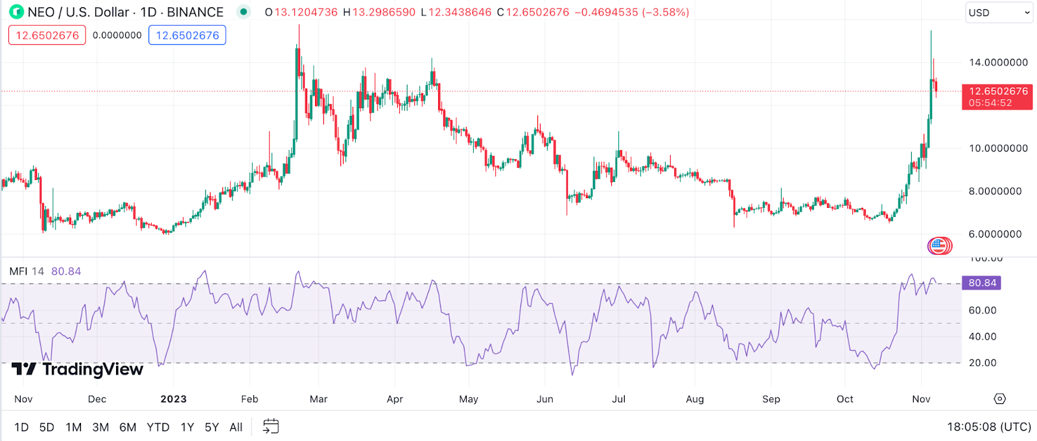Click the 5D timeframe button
click(47, 427)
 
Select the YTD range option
click(157, 427)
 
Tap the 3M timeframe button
click(100, 427)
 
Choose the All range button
click(236, 427)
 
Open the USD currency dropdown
click(998, 12)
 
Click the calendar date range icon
click(271, 426)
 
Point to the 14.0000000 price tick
click(998, 63)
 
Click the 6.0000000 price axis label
click(995, 234)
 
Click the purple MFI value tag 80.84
click(982, 283)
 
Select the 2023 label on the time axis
click(174, 399)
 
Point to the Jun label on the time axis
click(545, 399)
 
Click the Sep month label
click(771, 399)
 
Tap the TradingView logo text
click(92, 369)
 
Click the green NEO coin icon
click(16, 12)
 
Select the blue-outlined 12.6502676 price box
click(187, 35)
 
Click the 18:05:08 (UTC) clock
click(989, 427)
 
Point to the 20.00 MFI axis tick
click(983, 363)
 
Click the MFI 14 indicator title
click(27, 271)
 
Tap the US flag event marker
click(938, 245)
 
